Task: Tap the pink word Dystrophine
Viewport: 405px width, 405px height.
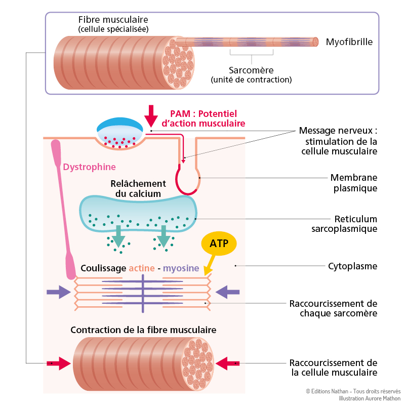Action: click(89, 167)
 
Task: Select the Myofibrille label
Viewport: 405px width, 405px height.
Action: click(349, 42)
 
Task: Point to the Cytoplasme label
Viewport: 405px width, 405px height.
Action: click(352, 266)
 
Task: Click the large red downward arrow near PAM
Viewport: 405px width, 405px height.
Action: click(150, 116)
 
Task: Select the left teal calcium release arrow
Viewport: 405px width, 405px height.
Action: click(119, 235)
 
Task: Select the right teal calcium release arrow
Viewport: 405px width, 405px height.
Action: click(163, 235)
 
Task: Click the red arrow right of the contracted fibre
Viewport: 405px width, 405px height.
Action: click(228, 363)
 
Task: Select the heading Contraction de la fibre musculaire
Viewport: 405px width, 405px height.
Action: click(143, 330)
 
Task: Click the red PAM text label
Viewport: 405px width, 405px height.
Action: click(203, 118)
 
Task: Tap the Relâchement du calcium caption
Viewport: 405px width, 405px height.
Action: click(138, 188)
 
